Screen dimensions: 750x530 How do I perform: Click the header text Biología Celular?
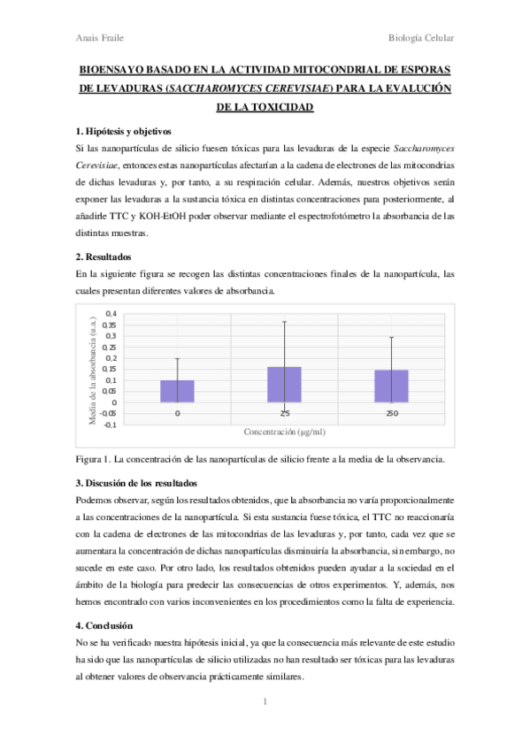point(421,38)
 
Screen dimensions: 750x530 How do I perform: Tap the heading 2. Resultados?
point(104,256)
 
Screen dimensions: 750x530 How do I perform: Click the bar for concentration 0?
point(177,392)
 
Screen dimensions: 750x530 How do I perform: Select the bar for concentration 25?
point(284,385)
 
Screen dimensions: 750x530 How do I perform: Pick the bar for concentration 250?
point(391,386)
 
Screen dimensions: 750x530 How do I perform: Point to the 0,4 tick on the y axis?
point(111,314)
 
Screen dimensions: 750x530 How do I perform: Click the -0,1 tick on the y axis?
point(111,425)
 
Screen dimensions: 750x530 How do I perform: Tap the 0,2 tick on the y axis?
point(111,358)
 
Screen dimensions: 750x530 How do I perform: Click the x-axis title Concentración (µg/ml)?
point(284,432)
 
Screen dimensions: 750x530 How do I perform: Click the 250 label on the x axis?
point(391,413)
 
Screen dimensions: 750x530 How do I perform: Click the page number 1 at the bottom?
point(265,702)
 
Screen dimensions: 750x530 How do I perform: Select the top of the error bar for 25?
point(284,322)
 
